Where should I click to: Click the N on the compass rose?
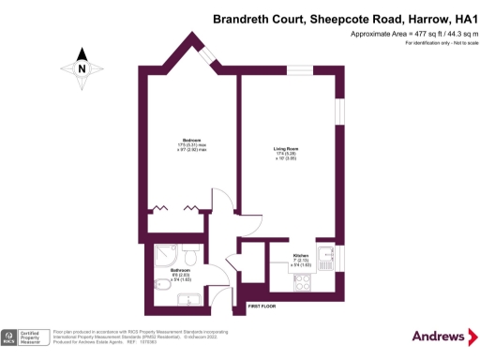tap(82, 67)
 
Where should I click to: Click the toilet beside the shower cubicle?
tap(188, 255)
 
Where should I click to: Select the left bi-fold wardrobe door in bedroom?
tap(160, 206)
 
